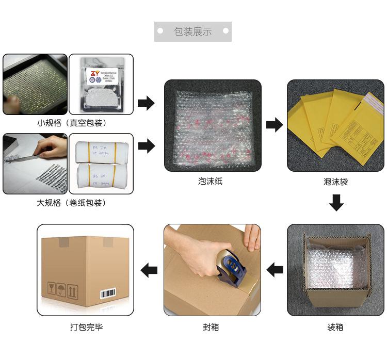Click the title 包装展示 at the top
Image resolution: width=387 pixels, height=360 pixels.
[193, 32]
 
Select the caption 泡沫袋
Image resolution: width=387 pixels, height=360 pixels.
[335, 182]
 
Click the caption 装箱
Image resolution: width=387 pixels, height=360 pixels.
[335, 327]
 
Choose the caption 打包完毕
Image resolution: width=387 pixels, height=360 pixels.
[87, 327]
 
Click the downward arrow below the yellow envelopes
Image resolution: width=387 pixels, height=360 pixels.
[336, 203]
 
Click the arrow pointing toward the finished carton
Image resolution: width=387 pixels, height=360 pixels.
[149, 270]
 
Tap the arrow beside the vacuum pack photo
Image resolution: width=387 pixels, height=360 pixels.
[147, 103]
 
